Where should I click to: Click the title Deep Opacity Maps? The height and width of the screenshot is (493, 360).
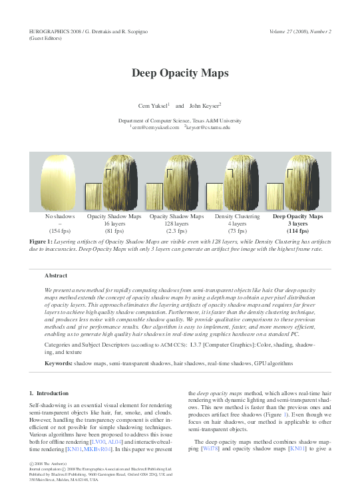click(180, 73)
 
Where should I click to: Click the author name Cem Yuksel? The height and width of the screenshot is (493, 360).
click(152, 106)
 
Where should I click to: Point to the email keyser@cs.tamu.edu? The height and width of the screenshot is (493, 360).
click(208, 126)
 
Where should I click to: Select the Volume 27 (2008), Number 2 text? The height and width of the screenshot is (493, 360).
click(300, 32)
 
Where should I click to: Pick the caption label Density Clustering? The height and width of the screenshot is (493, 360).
click(237, 216)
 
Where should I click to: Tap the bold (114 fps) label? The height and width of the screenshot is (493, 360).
click(297, 231)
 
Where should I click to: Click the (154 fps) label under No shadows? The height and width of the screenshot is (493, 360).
click(60, 231)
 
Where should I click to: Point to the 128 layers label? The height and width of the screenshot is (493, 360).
click(176, 224)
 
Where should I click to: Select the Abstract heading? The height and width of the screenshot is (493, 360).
click(56, 275)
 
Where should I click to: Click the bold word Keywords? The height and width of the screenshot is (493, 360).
click(58, 364)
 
